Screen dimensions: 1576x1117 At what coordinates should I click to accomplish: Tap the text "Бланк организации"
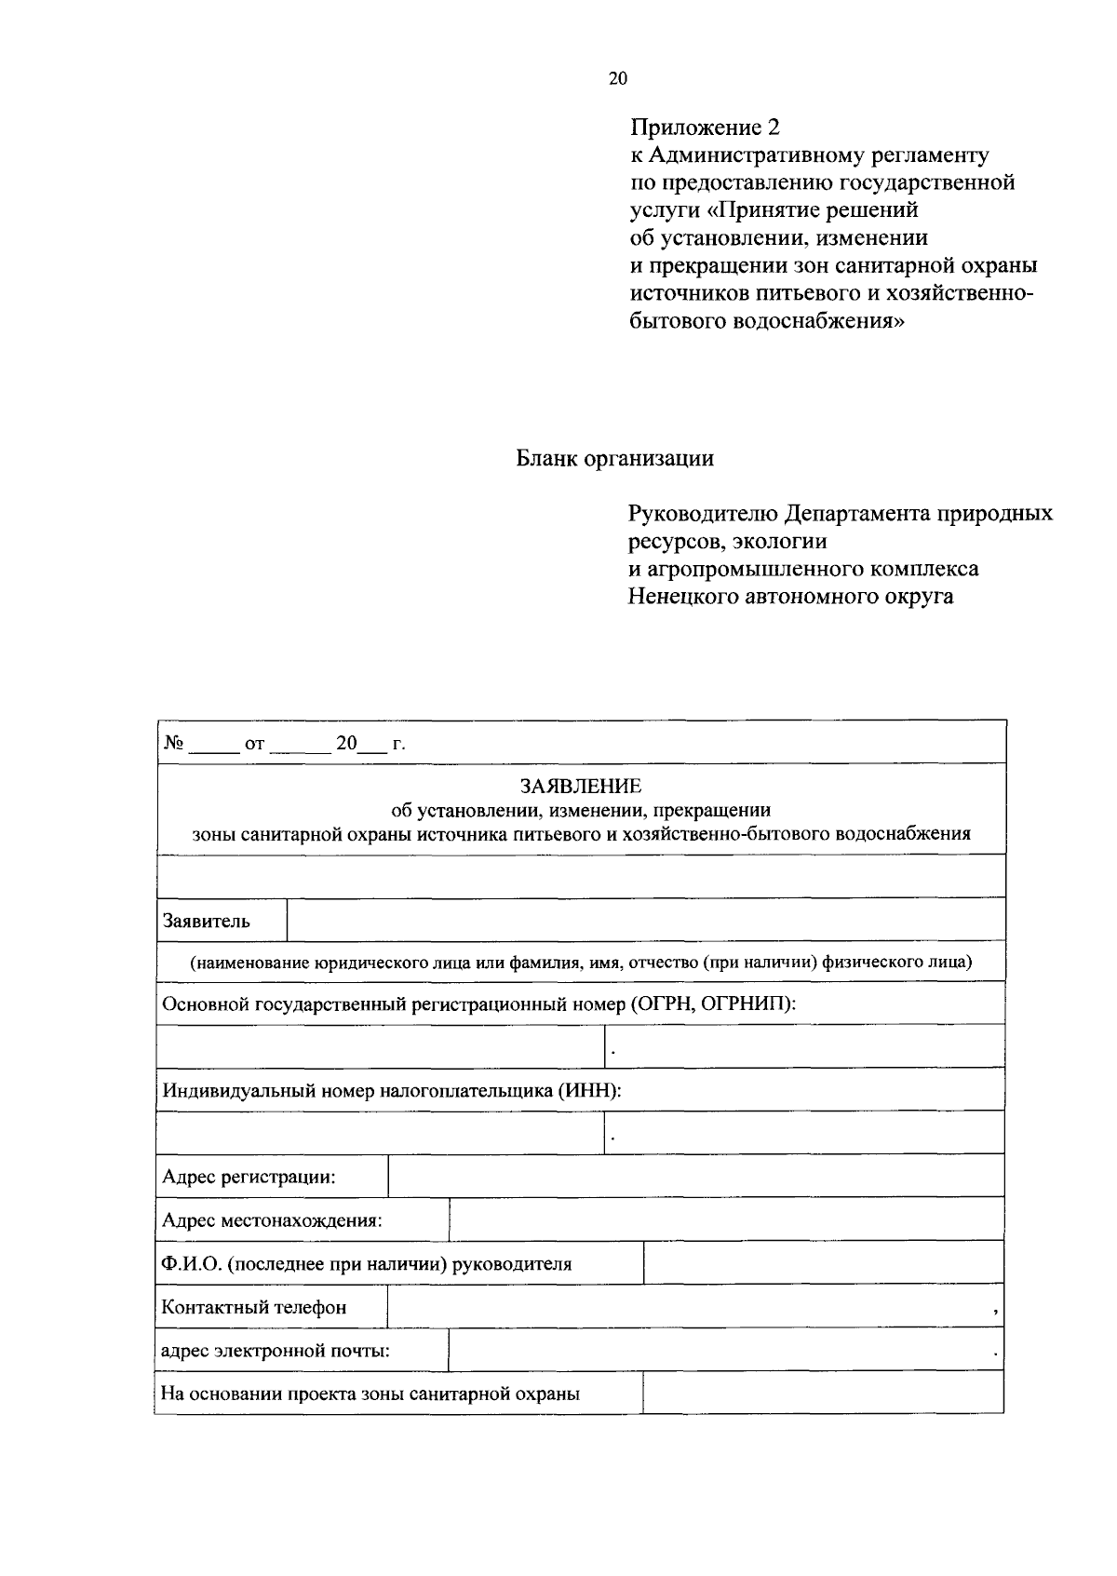coord(615,459)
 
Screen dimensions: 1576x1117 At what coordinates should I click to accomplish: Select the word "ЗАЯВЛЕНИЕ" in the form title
coord(581,788)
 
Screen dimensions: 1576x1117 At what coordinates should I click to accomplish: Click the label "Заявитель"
coord(207,922)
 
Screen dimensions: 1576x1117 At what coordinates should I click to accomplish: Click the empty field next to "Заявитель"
coord(646,921)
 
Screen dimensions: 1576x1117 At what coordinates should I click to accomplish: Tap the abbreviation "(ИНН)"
coord(588,1090)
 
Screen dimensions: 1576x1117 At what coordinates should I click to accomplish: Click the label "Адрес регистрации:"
coord(249,1177)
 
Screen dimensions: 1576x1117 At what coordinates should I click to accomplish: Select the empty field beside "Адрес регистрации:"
coord(695,1177)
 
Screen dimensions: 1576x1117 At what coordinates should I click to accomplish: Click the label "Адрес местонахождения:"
coord(272,1220)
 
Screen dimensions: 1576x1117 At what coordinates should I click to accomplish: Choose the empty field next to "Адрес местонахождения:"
coord(726,1220)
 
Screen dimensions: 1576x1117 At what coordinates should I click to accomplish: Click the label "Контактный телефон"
coord(254,1307)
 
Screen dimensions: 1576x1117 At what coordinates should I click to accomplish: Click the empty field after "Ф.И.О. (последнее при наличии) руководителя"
coord(823,1263)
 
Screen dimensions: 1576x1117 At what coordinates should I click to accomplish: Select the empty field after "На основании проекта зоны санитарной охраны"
coord(823,1394)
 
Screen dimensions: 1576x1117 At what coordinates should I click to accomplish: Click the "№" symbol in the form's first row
coord(173,743)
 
